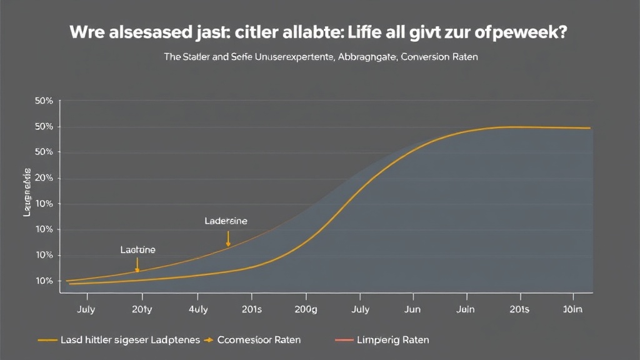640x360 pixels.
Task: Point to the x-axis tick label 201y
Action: [143, 309]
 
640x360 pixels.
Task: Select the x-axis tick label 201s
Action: [251, 309]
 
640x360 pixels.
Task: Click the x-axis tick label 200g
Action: [306, 309]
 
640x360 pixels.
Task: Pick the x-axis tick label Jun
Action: [414, 309]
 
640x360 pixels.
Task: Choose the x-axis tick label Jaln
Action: [466, 309]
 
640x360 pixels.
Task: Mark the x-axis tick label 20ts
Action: [519, 309]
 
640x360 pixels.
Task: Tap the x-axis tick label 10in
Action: [573, 309]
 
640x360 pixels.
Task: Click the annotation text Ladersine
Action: [226, 221]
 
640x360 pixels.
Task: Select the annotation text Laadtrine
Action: [137, 250]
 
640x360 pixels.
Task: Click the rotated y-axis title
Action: [27, 192]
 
